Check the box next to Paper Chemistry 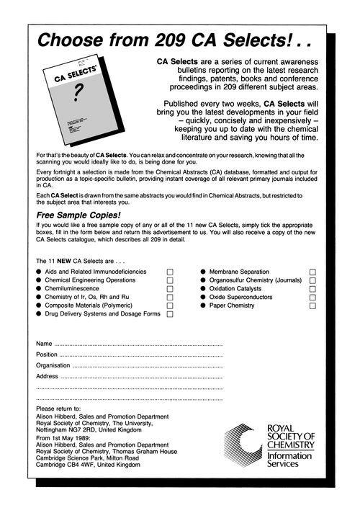(313, 305)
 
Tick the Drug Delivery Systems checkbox (171, 314)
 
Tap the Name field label (44, 343)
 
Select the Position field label (46, 354)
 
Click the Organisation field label (53, 365)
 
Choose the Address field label (47, 376)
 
